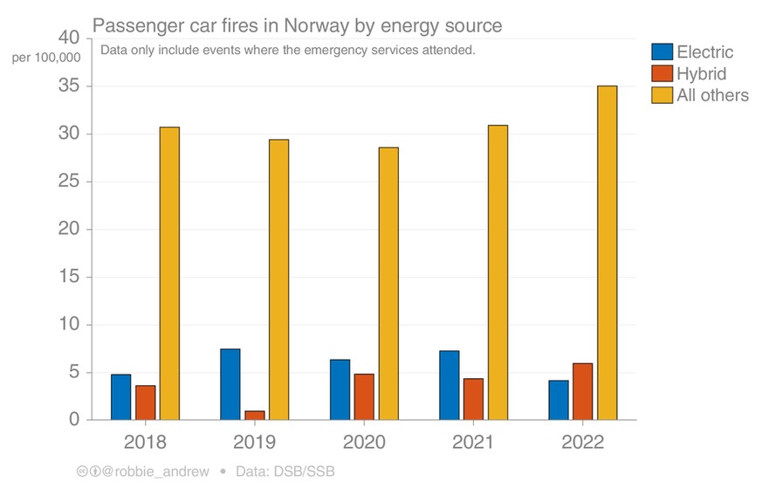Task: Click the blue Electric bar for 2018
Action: click(120, 397)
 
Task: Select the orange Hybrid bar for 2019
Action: click(255, 416)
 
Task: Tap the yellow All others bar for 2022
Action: click(607, 253)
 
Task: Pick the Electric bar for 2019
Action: click(230, 384)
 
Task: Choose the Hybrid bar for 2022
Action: click(582, 391)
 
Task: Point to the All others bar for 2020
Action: click(388, 284)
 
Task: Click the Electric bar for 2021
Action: click(450, 385)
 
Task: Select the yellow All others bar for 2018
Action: click(169, 273)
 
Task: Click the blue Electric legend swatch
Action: click(662, 52)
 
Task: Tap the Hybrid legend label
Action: click(701, 74)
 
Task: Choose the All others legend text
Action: click(712, 96)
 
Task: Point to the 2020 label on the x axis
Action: click(364, 442)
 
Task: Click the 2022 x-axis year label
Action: click(582, 442)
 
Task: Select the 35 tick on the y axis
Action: click(67, 86)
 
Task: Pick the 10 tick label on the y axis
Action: click(67, 325)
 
